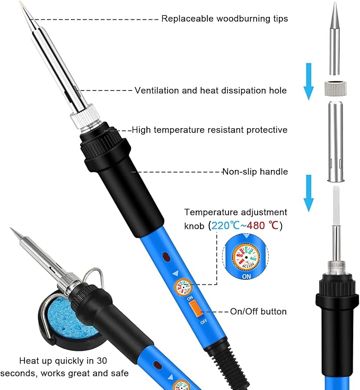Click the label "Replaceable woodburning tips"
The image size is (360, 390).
[x=225, y=19]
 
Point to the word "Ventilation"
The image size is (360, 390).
[x=157, y=91]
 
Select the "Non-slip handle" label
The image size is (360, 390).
[x=254, y=171]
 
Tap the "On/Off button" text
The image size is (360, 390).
[x=258, y=312]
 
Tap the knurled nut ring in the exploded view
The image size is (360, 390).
[x=335, y=88]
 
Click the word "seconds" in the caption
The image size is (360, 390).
[x=35, y=373]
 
